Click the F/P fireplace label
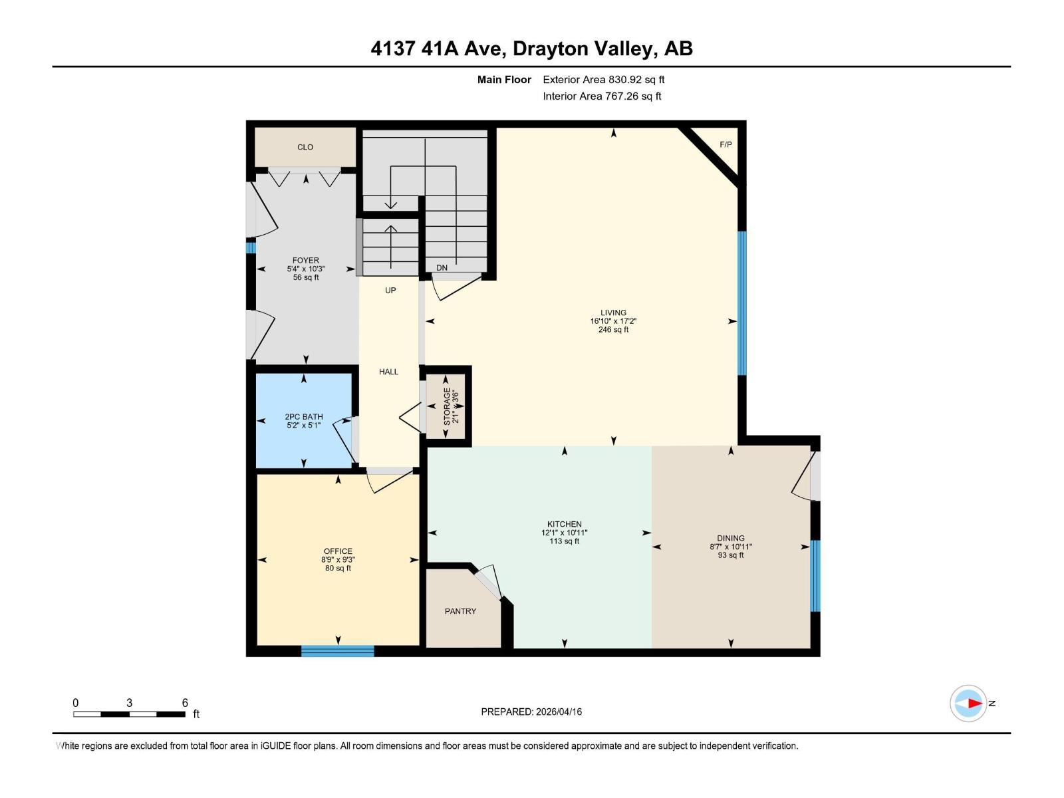point(726,144)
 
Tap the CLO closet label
point(305,147)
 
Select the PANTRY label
point(460,611)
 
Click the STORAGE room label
point(447,407)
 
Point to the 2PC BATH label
point(304,417)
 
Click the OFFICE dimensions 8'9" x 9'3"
point(338,560)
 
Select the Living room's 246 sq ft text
point(613,330)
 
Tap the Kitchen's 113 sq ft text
point(564,541)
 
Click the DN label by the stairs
point(442,268)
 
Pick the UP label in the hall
point(390,291)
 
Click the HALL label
point(388,372)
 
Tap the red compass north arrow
point(974,703)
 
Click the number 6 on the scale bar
point(185,703)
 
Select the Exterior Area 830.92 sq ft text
point(603,80)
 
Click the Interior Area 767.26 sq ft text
point(602,96)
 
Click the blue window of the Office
point(337,651)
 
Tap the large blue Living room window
point(742,303)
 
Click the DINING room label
point(730,538)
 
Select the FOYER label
point(305,261)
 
